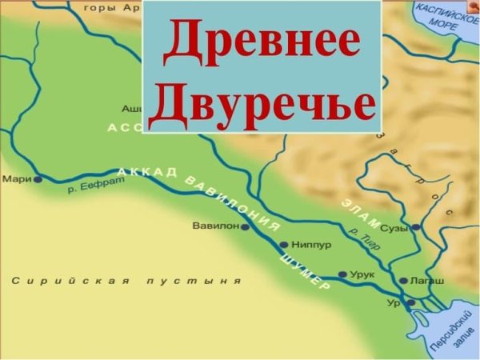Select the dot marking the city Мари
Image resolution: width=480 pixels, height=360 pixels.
pyautogui.click(x=37, y=180)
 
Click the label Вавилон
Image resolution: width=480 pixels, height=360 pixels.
pyautogui.click(x=215, y=226)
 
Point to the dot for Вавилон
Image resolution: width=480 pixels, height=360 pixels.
pyautogui.click(x=245, y=227)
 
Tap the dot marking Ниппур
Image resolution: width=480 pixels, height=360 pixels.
pyautogui.click(x=282, y=245)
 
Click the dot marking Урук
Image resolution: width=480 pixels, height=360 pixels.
pyautogui.click(x=342, y=274)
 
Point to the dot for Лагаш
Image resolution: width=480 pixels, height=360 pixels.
pyautogui.click(x=403, y=281)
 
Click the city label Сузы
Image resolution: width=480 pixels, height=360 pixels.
pyautogui.click(x=394, y=228)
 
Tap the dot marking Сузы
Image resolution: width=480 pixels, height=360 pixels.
pyautogui.click(x=415, y=227)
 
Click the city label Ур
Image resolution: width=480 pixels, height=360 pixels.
pyautogui.click(x=393, y=303)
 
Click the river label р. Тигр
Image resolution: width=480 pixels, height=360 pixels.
pyautogui.click(x=366, y=240)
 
